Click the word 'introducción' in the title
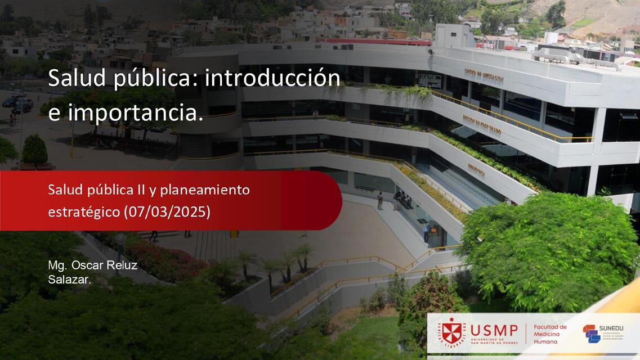click(272, 79)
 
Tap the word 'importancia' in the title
click(133, 113)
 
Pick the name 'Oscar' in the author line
click(84, 265)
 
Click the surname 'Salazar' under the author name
click(69, 278)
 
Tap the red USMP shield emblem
click(451, 333)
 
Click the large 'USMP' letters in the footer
click(494, 330)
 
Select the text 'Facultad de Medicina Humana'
click(550, 334)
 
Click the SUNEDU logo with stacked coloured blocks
click(591, 334)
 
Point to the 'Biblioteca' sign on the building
click(476, 169)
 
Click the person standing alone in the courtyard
click(380, 200)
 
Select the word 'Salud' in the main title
click(76, 79)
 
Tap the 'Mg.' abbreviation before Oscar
click(57, 265)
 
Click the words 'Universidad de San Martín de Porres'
click(494, 341)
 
